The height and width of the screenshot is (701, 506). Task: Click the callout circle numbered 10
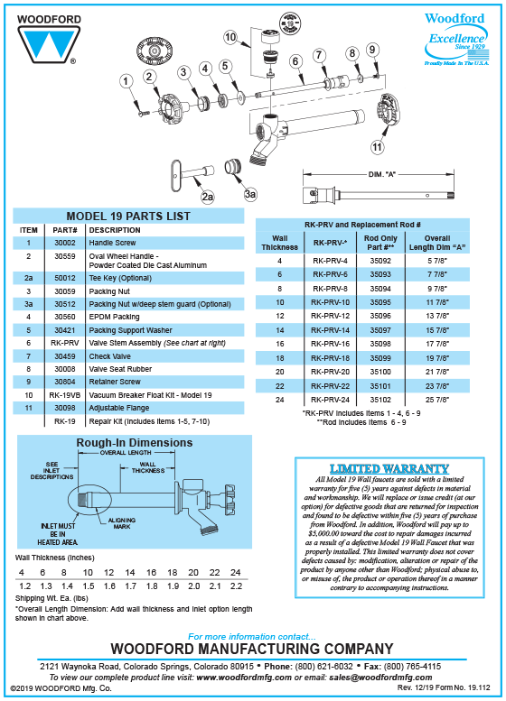(232, 37)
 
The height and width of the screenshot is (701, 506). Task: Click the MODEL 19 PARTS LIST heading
(128, 217)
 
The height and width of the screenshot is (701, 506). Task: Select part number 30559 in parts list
(64, 256)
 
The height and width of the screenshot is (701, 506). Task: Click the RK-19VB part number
(64, 394)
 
